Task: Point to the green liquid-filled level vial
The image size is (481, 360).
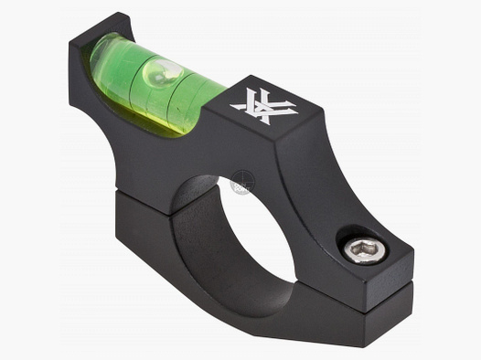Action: click(155, 80)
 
